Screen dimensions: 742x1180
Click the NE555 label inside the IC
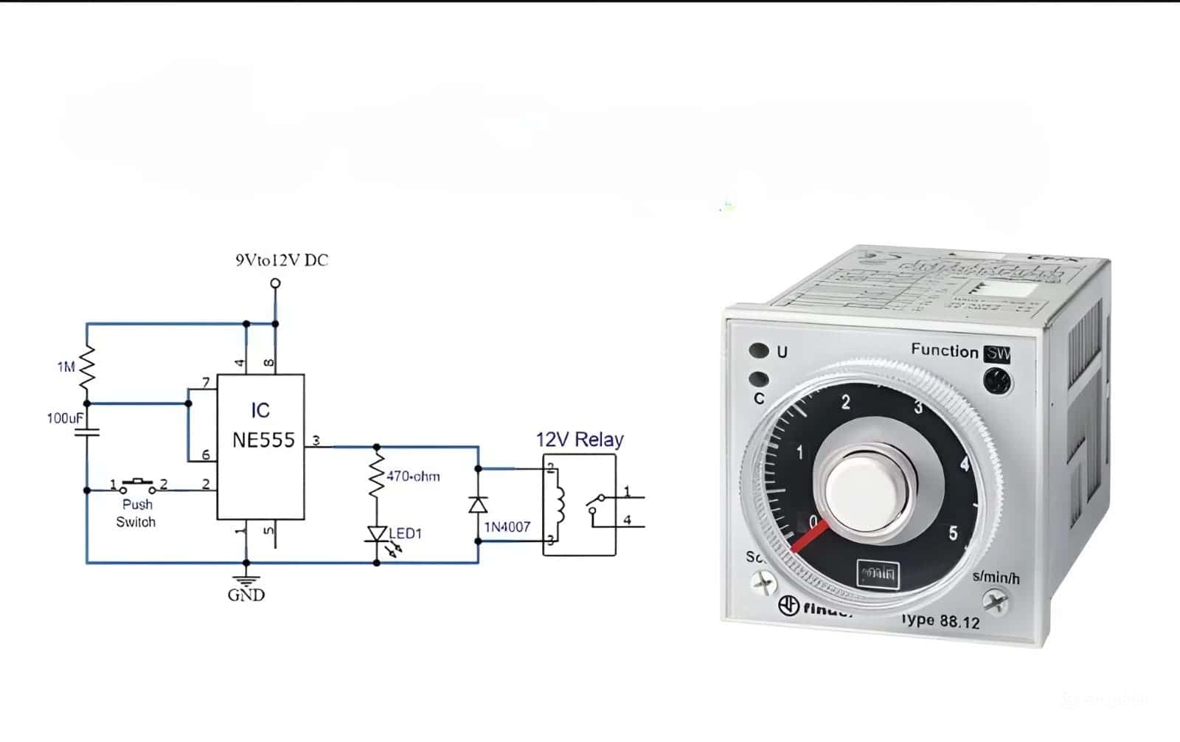click(263, 440)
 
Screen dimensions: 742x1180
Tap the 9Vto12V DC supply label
click(282, 260)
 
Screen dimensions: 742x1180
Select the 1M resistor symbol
click(87, 367)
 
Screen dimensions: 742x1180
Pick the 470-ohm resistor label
click(413, 476)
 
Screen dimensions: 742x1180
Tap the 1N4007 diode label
click(507, 527)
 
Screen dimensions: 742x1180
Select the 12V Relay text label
click(580, 440)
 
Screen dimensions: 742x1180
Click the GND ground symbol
click(246, 581)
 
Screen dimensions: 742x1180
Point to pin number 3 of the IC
click(316, 441)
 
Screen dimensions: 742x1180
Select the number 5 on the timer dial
click(953, 533)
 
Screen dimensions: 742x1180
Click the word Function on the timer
click(944, 350)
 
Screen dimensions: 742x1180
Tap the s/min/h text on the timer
click(996, 578)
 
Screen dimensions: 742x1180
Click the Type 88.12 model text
click(940, 620)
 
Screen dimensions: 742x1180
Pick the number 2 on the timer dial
click(846, 403)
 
